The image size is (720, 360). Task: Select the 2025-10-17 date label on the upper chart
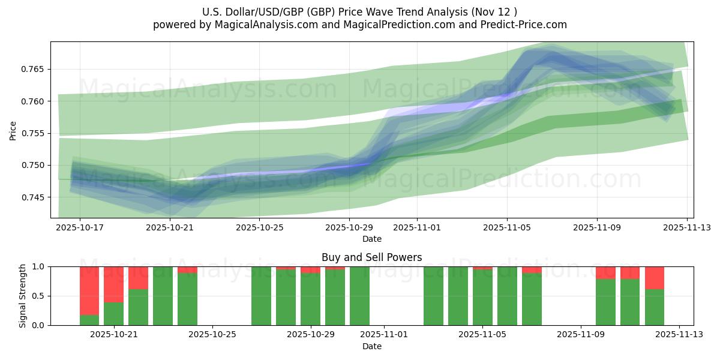(x=80, y=227)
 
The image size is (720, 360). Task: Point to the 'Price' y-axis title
(x=13, y=130)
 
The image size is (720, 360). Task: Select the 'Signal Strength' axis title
(x=22, y=296)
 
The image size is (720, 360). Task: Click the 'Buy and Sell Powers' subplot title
(x=371, y=257)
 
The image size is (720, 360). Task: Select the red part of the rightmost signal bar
(x=655, y=278)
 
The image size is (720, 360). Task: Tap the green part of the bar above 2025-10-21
(x=114, y=314)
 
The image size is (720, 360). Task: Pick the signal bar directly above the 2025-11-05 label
(x=482, y=297)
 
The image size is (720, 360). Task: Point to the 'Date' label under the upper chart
(x=371, y=239)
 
